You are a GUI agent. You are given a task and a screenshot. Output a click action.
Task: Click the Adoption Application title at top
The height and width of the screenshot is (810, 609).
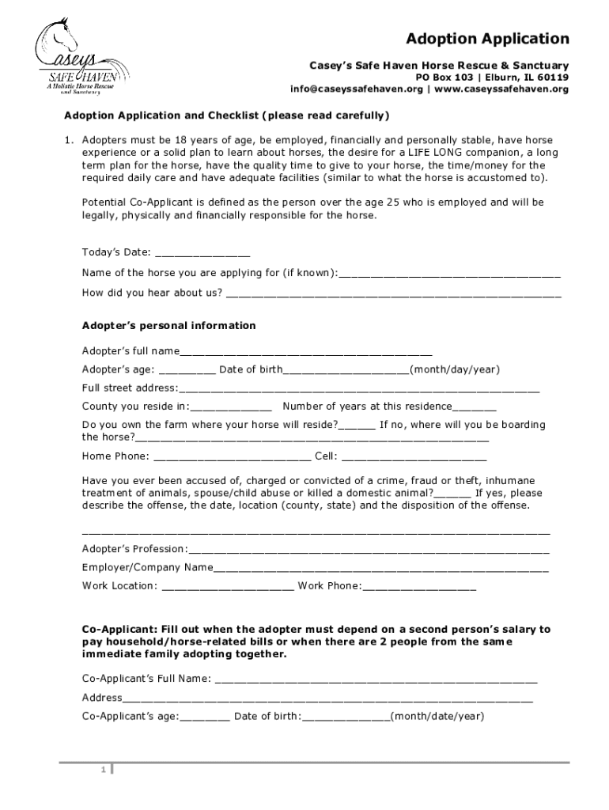[487, 39]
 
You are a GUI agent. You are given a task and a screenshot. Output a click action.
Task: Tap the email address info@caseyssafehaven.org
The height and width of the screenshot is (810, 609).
[356, 89]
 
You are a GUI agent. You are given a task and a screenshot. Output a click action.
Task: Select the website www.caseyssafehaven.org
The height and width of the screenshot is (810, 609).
[501, 89]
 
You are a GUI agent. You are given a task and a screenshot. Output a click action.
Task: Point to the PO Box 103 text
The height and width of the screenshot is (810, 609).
[445, 78]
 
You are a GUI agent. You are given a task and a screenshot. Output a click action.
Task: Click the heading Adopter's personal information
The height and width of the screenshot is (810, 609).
[168, 326]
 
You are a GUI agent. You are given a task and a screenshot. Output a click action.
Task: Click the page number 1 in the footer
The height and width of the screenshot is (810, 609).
[103, 770]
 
